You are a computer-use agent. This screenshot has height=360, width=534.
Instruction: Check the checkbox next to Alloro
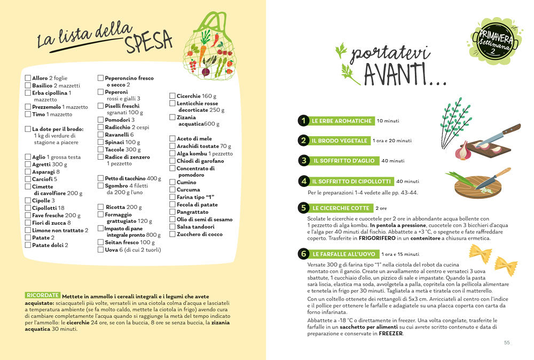coord(28,78)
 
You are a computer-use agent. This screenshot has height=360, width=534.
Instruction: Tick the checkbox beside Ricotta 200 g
coord(100,207)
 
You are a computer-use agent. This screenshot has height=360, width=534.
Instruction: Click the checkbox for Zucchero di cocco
coord(172,234)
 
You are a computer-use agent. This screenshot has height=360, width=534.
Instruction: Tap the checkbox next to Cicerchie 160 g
coord(172,96)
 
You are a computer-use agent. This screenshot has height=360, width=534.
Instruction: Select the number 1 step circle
coord(303,121)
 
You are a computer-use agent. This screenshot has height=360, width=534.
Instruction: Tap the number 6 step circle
coord(303,254)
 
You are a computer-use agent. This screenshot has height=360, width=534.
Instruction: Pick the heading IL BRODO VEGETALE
coord(340,140)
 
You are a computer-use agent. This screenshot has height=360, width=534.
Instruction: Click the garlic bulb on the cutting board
coord(461,152)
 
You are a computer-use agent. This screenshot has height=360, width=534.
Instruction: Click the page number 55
coord(507,343)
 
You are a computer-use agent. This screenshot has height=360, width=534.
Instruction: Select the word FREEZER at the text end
coord(391,334)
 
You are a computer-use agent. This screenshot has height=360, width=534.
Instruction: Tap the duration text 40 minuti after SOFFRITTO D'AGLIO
coord(393,161)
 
